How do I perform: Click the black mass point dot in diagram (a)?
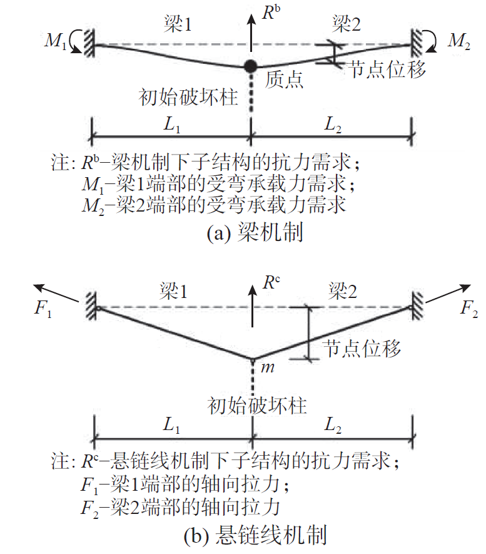[x=251, y=65]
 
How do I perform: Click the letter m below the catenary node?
[x=268, y=367]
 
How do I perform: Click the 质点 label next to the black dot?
[x=285, y=80]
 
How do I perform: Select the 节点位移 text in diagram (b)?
[x=361, y=348]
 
